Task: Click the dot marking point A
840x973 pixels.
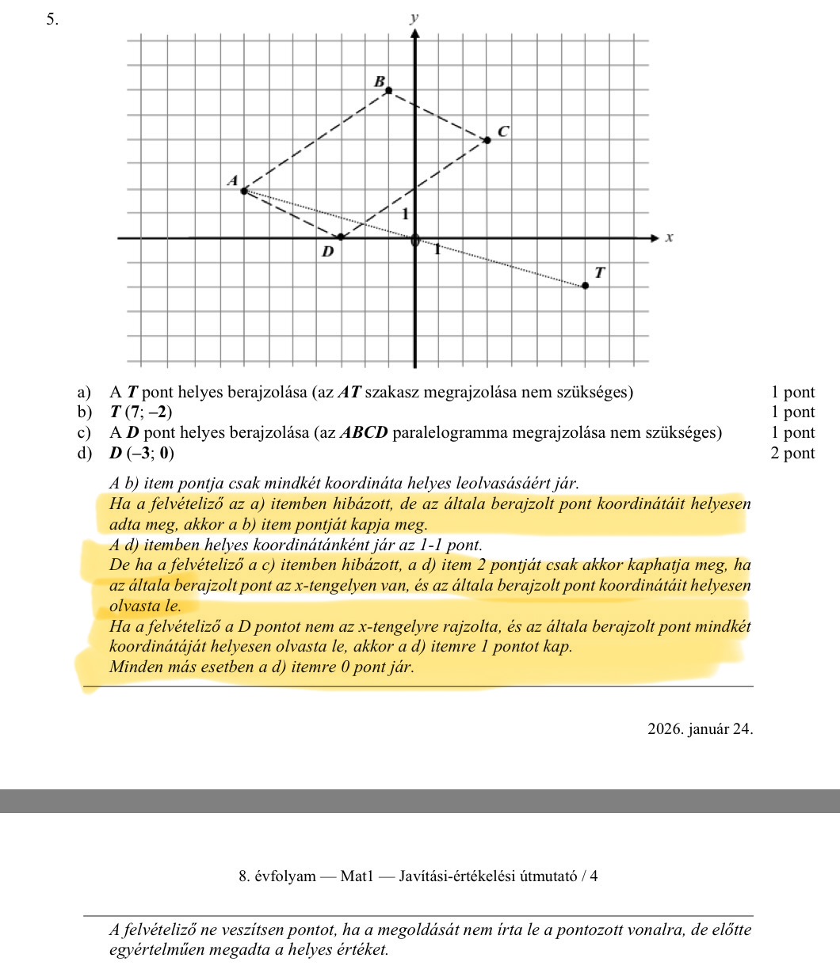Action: pyautogui.click(x=244, y=190)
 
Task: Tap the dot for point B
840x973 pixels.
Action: pyautogui.click(x=388, y=90)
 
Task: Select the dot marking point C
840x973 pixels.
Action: pyautogui.click(x=487, y=139)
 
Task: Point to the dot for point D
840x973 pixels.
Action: pyautogui.click(x=342, y=237)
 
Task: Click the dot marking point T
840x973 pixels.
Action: pyautogui.click(x=586, y=285)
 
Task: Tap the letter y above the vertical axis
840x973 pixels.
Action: pyautogui.click(x=414, y=17)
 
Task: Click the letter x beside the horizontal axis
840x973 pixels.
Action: pyautogui.click(x=669, y=237)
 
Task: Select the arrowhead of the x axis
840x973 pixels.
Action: pyautogui.click(x=654, y=237)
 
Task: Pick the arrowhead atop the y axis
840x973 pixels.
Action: pyautogui.click(x=414, y=32)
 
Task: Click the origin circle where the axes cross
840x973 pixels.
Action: pyautogui.click(x=414, y=240)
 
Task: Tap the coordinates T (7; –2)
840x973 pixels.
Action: pyautogui.click(x=140, y=412)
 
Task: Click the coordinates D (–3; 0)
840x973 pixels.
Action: pyautogui.click(x=143, y=454)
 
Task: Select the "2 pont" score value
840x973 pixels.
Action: pyautogui.click(x=792, y=454)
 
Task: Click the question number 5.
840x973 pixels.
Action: pyautogui.click(x=52, y=21)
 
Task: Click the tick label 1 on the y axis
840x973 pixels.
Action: pyautogui.click(x=404, y=214)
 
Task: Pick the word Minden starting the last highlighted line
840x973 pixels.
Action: pyautogui.click(x=136, y=667)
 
